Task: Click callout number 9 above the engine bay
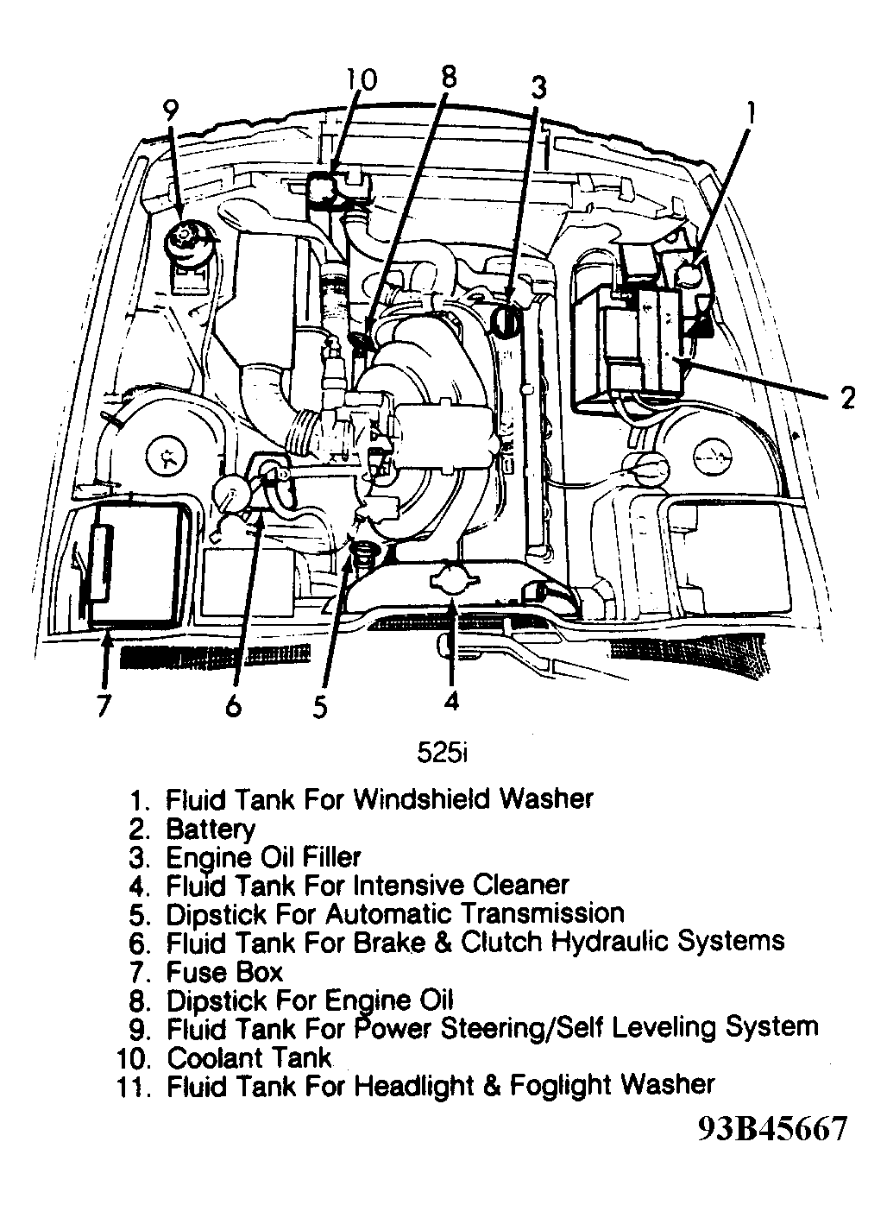tap(170, 110)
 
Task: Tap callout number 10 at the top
tap(362, 79)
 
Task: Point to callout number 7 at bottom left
tap(104, 704)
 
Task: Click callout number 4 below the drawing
tap(450, 700)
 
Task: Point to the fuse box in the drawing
tap(138, 563)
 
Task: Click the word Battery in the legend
tap(211, 829)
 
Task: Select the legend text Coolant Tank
tap(248, 1057)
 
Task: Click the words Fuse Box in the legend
tap(224, 972)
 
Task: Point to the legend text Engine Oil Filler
tap(263, 857)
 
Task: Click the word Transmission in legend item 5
tap(542, 913)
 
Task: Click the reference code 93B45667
tap(773, 1129)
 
